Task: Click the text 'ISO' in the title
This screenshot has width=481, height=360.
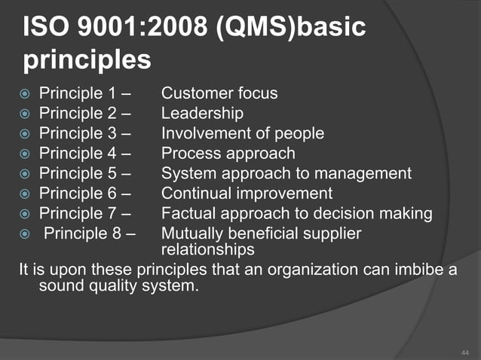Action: (x=47, y=29)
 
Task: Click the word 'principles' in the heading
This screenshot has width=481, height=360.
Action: (x=87, y=60)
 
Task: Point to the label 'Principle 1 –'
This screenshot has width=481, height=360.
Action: (x=84, y=94)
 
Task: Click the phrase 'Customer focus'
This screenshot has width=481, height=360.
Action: (x=219, y=94)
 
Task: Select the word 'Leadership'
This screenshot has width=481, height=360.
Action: (x=202, y=114)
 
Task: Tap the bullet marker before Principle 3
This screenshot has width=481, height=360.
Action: (x=26, y=135)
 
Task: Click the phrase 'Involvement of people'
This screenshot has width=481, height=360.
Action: (x=243, y=134)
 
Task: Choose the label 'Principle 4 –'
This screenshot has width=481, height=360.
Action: (x=84, y=154)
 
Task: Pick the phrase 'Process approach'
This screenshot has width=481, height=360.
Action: (x=228, y=154)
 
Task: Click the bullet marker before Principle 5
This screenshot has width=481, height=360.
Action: (x=26, y=175)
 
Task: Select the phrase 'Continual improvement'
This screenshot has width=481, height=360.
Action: (x=247, y=194)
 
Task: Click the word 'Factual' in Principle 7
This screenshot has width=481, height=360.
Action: (x=188, y=214)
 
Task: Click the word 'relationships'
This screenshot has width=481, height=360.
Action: (x=207, y=249)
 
